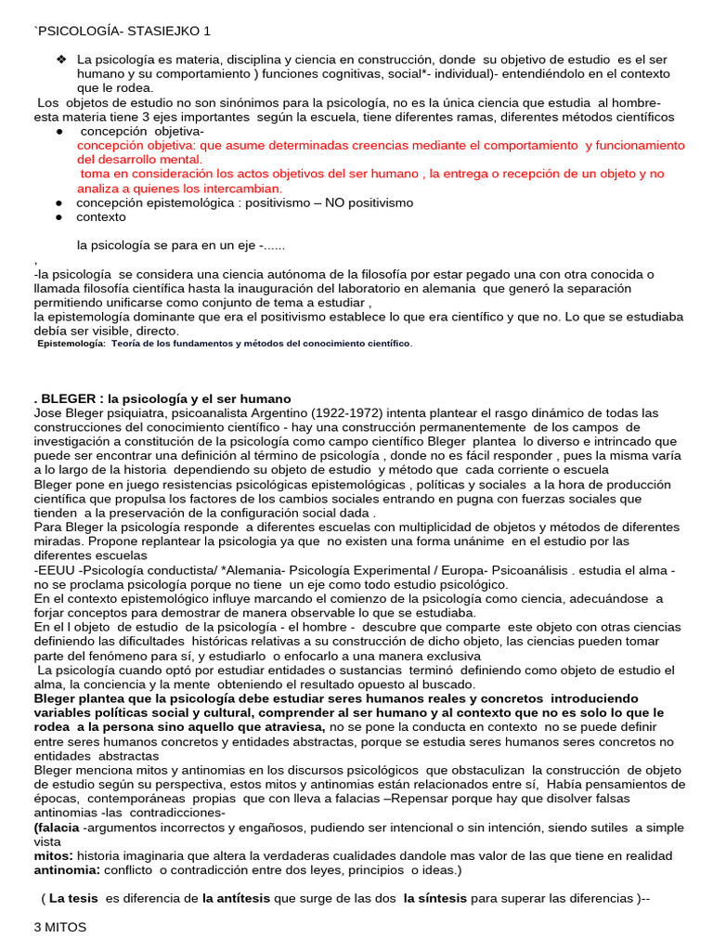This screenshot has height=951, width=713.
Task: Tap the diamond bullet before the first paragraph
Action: (61, 59)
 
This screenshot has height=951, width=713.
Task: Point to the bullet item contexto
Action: (100, 216)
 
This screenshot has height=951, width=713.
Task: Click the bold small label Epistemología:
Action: (71, 344)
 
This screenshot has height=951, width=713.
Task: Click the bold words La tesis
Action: (74, 899)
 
